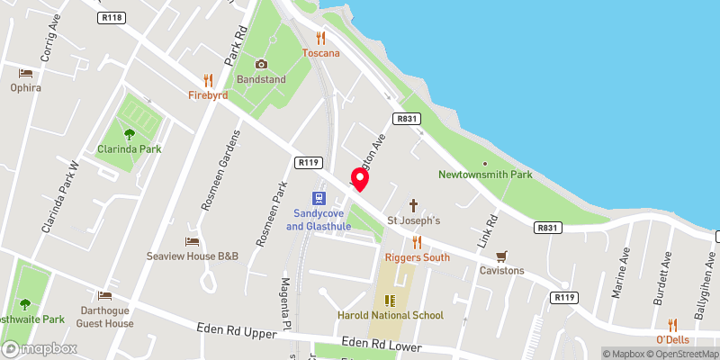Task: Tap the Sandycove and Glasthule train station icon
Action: (x=319, y=197)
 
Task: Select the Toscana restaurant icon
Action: (x=320, y=38)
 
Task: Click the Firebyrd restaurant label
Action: (x=208, y=94)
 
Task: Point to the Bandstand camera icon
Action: (x=261, y=64)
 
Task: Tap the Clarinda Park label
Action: (x=130, y=148)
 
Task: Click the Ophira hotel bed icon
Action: (x=26, y=73)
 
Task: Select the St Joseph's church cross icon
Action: (x=414, y=204)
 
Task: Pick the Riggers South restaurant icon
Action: (x=417, y=242)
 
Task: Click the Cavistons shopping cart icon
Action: (x=501, y=255)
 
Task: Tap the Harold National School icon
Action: (x=391, y=301)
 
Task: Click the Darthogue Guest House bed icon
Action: (x=105, y=295)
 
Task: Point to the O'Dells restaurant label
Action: (x=672, y=339)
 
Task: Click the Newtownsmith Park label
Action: (x=485, y=174)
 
